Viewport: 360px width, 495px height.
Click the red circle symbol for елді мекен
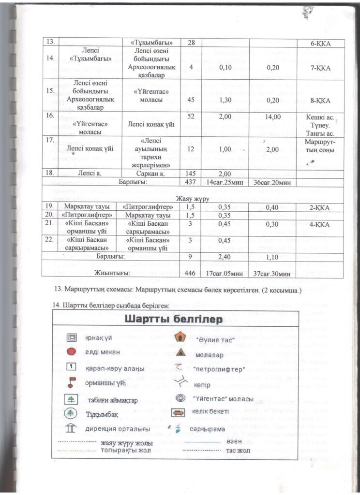click(71, 351)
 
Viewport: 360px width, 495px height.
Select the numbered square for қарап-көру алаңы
click(71, 366)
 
